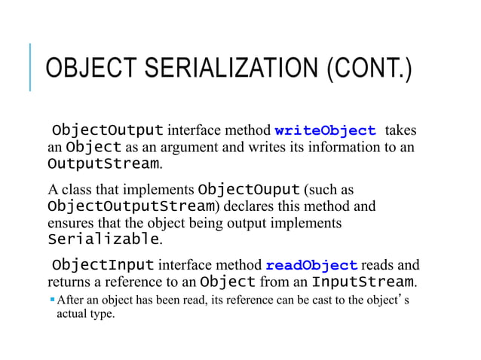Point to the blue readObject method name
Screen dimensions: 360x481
pyautogui.click(x=311, y=266)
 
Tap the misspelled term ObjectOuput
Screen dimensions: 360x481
pyautogui.click(x=250, y=188)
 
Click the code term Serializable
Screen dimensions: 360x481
pyautogui.click(x=103, y=241)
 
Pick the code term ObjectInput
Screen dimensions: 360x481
pyautogui.click(x=103, y=266)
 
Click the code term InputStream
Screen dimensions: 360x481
pyautogui.click(x=363, y=283)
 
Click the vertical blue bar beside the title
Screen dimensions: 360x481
pyautogui.click(x=30, y=67)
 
